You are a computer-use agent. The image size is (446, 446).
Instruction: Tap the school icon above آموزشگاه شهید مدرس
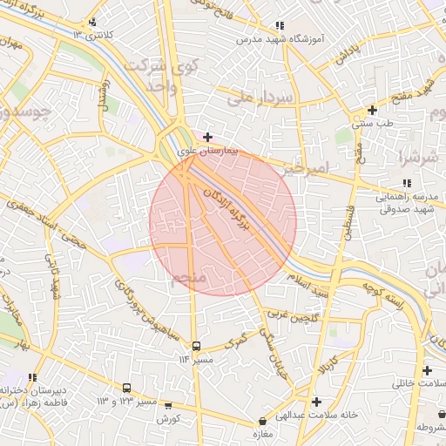coord(279,27)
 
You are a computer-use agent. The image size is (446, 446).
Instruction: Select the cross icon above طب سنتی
coord(372,110)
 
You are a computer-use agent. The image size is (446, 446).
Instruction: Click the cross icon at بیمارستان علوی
coord(207,137)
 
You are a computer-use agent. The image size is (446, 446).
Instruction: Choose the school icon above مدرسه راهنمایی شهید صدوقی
coord(406,184)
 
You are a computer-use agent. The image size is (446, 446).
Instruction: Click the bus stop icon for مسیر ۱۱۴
coord(196,346)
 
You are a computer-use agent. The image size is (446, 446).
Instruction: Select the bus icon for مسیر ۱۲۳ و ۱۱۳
coord(127,388)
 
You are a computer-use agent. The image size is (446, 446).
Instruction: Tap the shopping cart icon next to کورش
coord(168,406)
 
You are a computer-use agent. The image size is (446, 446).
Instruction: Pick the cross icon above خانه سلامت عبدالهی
coord(315,402)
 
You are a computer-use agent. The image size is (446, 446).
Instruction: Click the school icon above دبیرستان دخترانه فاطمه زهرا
coord(32,377)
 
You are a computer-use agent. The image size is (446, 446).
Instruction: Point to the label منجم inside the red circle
coord(188,278)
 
